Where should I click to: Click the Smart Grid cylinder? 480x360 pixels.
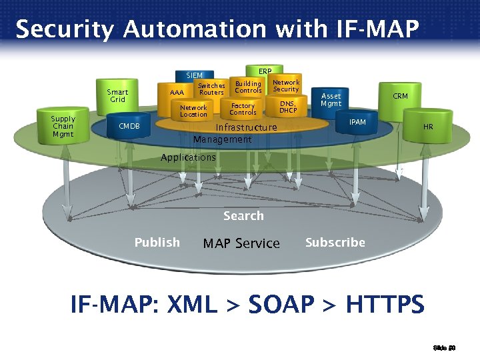click(118, 96)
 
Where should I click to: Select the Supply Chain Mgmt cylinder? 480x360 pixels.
click(63, 127)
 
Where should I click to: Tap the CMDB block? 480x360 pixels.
click(129, 126)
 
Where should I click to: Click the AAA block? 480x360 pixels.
click(177, 93)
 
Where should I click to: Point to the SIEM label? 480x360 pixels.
click(195, 75)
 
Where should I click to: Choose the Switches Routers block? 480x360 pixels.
click(212, 89)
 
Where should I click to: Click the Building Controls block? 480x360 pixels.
click(248, 87)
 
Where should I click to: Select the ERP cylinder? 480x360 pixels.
click(265, 71)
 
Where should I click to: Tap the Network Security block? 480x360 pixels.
click(286, 86)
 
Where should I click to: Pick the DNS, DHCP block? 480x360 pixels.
click(288, 107)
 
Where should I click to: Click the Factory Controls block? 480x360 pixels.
click(243, 109)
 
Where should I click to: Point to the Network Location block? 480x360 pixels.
click(193, 111)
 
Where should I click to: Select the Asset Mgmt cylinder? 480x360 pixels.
click(331, 101)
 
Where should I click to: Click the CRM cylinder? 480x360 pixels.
click(400, 97)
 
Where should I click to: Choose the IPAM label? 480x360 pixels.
click(358, 123)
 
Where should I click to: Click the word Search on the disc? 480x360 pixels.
click(243, 216)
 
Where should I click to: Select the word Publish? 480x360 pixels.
click(157, 243)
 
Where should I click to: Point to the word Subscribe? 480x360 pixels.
click(335, 243)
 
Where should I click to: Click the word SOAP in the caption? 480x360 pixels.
click(281, 305)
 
